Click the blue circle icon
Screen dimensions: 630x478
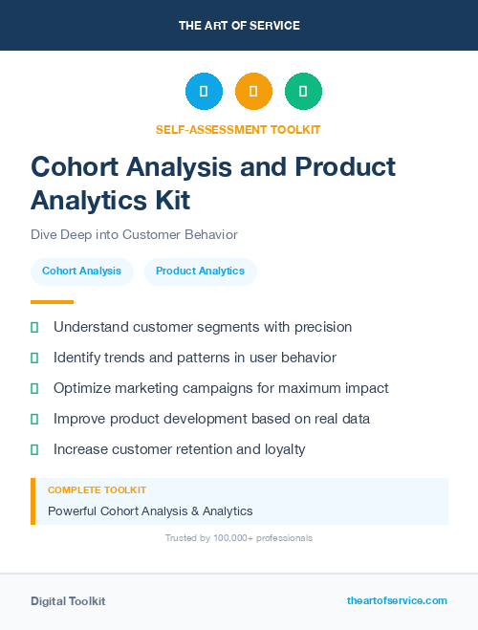[204, 92]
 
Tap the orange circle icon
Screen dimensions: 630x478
[253, 92]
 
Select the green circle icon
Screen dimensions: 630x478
[303, 92]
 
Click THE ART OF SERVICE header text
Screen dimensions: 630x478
[239, 26]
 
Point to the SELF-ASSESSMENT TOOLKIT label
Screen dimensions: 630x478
[238, 129]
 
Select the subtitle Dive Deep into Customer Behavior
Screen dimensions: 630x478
[134, 234]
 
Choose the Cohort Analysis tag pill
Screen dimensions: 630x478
[81, 271]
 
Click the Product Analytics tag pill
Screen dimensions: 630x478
[200, 271]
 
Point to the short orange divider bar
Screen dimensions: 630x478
[52, 302]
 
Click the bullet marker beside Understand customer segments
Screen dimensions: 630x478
[34, 327]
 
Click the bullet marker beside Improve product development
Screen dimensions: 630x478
[34, 419]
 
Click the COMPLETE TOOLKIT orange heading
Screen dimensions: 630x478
[97, 489]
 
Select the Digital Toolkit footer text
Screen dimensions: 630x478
[68, 601]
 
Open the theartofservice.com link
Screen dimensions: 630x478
[397, 600]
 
